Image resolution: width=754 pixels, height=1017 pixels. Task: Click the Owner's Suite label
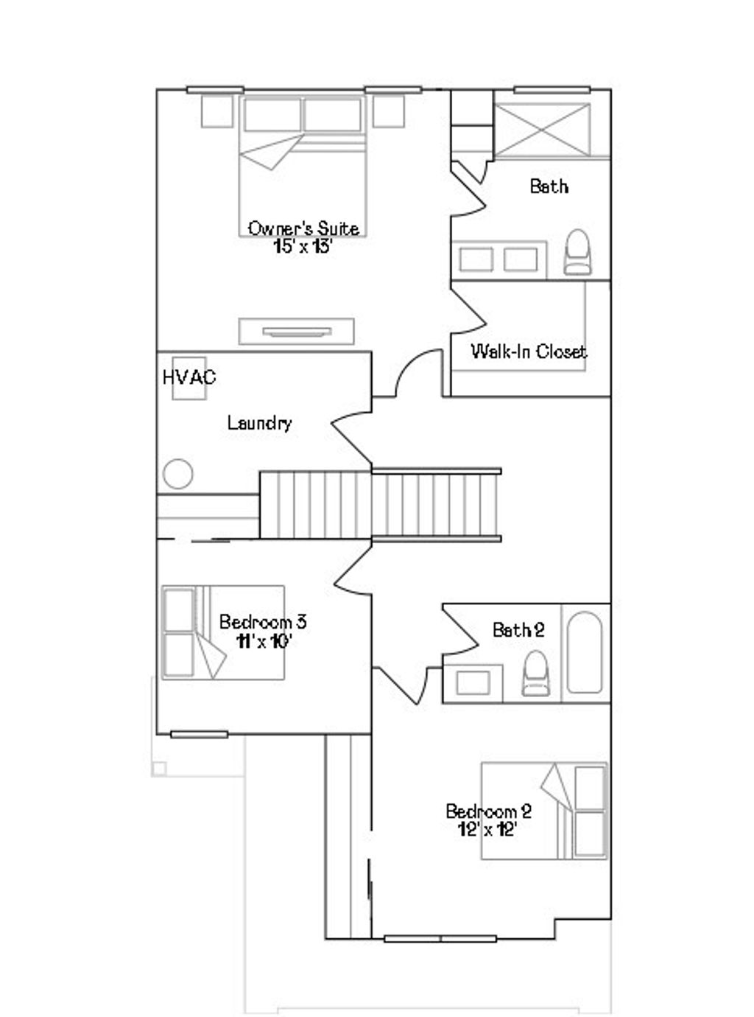tap(303, 228)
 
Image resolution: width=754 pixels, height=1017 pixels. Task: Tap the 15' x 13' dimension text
tap(303, 246)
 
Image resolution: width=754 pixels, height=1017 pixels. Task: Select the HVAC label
tap(189, 377)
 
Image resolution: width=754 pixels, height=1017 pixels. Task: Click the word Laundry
tap(259, 423)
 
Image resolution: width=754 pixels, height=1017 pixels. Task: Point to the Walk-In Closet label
tap(529, 351)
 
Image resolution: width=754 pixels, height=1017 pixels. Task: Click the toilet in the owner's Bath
tap(577, 252)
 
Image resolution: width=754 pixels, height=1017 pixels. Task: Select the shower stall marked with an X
tap(542, 130)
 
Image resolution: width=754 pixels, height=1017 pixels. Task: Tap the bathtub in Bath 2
tap(585, 652)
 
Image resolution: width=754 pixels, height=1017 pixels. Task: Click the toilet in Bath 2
tap(535, 674)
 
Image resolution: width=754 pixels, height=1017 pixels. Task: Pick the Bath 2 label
tap(518, 630)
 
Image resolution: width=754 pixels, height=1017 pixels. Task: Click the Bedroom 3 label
tap(263, 622)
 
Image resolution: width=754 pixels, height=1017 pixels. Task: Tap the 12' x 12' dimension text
tap(487, 829)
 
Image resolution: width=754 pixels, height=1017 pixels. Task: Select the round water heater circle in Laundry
tap(178, 474)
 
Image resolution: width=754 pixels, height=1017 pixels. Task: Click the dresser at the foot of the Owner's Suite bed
tap(297, 332)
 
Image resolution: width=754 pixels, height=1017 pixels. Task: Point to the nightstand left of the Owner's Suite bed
tap(217, 111)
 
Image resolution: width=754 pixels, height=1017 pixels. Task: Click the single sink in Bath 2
tap(472, 682)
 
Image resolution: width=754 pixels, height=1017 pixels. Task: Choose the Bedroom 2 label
tap(488, 811)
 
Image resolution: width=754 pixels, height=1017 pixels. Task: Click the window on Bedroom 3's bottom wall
tap(199, 734)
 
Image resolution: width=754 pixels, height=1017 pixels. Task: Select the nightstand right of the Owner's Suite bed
tap(388, 111)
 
